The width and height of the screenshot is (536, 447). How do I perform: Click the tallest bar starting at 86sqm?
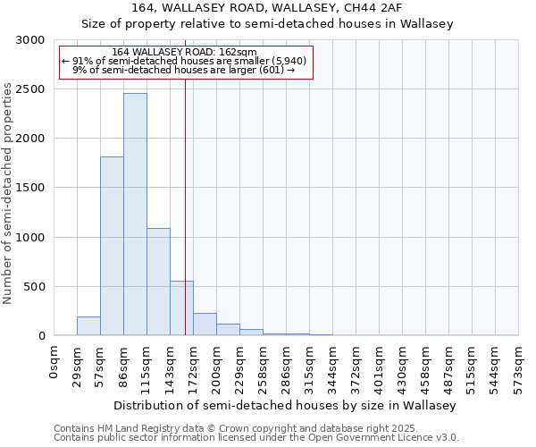pyautogui.click(x=135, y=215)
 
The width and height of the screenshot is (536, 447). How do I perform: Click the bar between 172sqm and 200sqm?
pyautogui.click(x=205, y=325)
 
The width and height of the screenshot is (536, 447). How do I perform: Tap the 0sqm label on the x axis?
pyautogui.click(x=54, y=361)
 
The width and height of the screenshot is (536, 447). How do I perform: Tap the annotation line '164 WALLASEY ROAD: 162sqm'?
pyautogui.click(x=185, y=52)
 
